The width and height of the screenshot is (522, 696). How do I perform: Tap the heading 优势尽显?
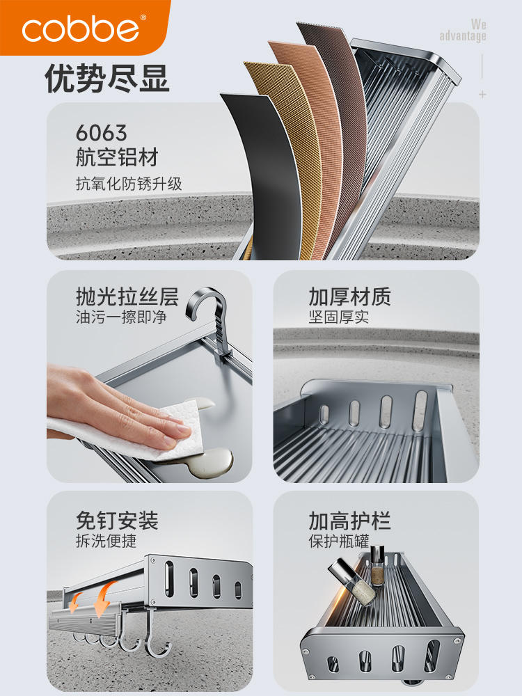click(107, 78)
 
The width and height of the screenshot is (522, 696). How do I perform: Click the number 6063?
click(101, 133)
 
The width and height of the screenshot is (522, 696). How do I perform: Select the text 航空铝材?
click(117, 157)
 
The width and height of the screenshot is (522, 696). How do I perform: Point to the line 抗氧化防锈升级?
click(129, 183)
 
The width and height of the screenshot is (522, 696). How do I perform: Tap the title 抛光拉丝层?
click(127, 296)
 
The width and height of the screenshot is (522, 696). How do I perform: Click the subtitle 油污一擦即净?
click(120, 317)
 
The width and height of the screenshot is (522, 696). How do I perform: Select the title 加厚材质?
click(350, 296)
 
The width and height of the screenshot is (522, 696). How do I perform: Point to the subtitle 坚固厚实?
click(339, 317)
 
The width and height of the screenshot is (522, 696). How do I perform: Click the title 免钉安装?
click(117, 520)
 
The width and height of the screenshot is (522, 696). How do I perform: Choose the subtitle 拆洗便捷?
click(106, 541)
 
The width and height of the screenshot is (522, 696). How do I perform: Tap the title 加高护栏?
click(350, 520)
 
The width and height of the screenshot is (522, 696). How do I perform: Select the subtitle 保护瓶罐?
click(339, 541)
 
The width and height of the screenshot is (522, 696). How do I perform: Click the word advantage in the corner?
click(463, 35)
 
